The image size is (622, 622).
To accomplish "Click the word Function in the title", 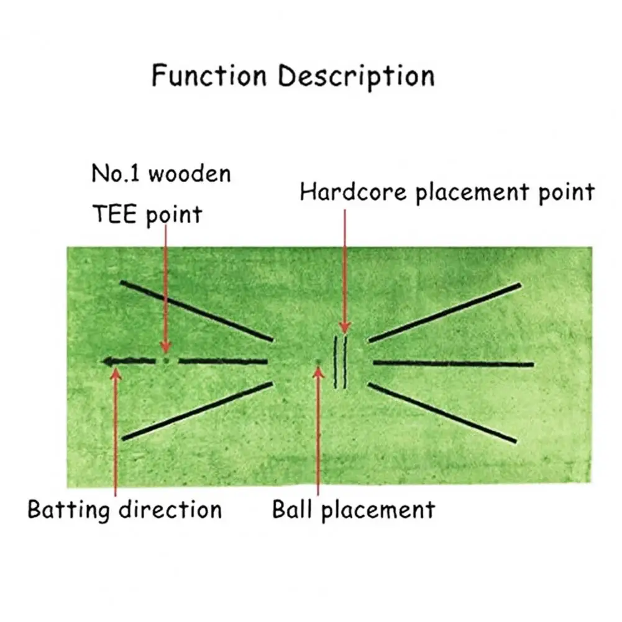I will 209,76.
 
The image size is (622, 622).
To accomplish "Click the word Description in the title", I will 356,77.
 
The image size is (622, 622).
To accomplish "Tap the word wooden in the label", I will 189,173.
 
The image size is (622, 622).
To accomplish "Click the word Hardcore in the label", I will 354,193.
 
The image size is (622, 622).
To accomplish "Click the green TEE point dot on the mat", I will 165,360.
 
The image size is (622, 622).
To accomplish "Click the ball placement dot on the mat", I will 318,362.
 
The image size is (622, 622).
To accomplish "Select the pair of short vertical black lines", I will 341,362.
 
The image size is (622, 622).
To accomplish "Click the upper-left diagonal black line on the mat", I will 196,310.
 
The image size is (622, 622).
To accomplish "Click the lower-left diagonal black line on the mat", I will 198,411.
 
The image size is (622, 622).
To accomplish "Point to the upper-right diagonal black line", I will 445,313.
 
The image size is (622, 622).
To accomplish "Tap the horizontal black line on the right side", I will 454,363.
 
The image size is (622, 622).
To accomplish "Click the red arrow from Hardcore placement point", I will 344,273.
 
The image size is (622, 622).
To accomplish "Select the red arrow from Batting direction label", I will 115,435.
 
